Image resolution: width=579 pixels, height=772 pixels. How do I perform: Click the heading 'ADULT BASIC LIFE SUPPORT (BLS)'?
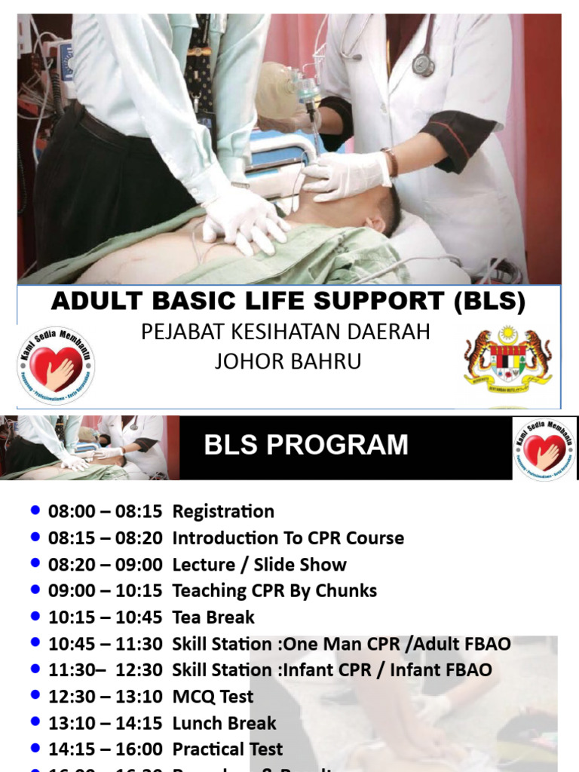pyautogui.click(x=288, y=302)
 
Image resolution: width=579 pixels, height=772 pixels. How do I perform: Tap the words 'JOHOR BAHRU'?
pyautogui.click(x=288, y=361)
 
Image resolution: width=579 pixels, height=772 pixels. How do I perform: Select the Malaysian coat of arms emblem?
pyautogui.click(x=507, y=361)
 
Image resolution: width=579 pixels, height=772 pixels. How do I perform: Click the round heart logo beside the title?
pyautogui.click(x=56, y=366)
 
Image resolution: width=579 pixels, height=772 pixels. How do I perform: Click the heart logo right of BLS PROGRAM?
pyautogui.click(x=544, y=449)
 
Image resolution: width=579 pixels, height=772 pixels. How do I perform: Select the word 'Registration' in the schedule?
pyautogui.click(x=223, y=511)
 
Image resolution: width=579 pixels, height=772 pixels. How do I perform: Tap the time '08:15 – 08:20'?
pyautogui.click(x=105, y=538)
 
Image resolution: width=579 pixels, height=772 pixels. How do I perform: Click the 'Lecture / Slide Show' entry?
pyautogui.click(x=259, y=565)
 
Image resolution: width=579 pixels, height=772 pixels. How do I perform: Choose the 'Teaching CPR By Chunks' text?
pyautogui.click(x=274, y=591)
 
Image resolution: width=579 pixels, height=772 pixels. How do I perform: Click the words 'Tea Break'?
pyautogui.click(x=213, y=617)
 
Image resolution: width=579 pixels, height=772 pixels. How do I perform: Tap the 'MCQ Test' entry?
pyautogui.click(x=213, y=697)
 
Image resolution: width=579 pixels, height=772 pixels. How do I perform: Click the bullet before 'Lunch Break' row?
pyautogui.click(x=35, y=722)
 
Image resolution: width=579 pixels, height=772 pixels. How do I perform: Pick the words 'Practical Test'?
pyautogui.click(x=228, y=749)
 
